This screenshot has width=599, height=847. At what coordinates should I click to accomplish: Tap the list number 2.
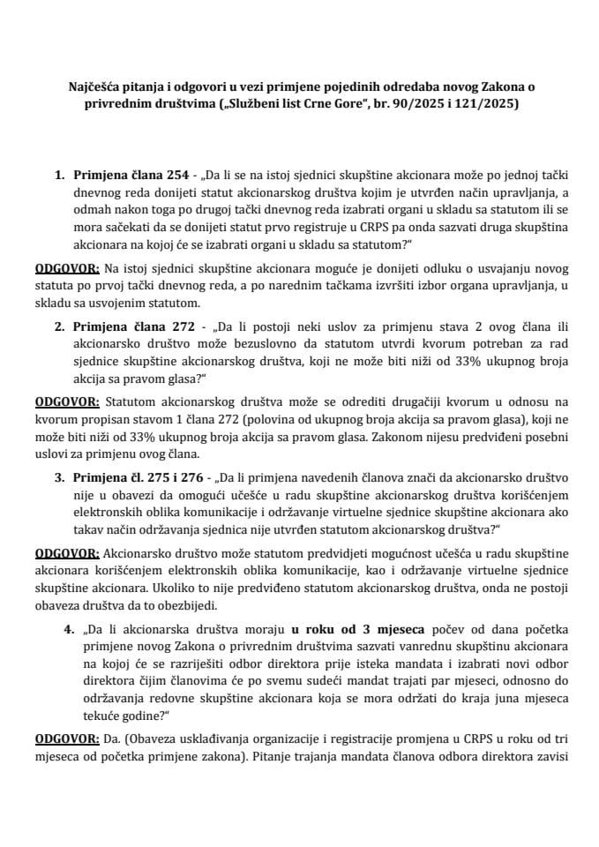click(x=58, y=326)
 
